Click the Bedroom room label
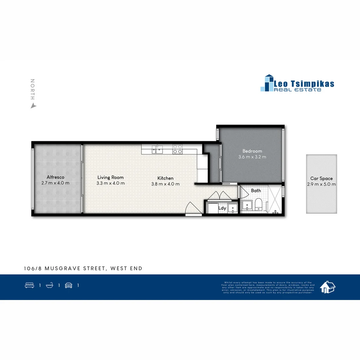tap(252, 151)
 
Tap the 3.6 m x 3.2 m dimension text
tap(252, 157)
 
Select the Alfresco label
tap(55, 177)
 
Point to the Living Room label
tap(110, 177)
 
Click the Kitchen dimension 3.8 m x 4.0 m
tap(165, 184)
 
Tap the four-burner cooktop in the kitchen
tap(177, 149)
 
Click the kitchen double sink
tap(157, 150)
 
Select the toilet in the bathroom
tap(259, 204)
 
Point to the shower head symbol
tap(275, 212)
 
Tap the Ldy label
tap(222, 208)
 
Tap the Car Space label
tap(321, 178)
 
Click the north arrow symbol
tap(33, 106)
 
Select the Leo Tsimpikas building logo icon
tap(267, 83)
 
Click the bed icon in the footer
tap(29, 285)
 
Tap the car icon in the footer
tap(69, 285)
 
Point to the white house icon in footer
tap(327, 287)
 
